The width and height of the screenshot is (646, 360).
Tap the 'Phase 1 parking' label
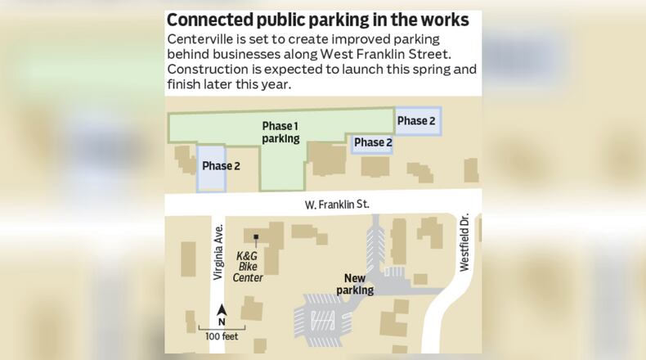click(280, 133)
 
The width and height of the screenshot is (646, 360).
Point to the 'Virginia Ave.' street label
click(218, 253)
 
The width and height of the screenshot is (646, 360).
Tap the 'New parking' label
click(354, 284)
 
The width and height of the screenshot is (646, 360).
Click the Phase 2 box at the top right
click(417, 121)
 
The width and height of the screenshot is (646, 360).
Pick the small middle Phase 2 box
click(373, 143)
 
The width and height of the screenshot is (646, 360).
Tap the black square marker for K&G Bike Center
click(256, 238)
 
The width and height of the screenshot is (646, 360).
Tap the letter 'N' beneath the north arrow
click(222, 322)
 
